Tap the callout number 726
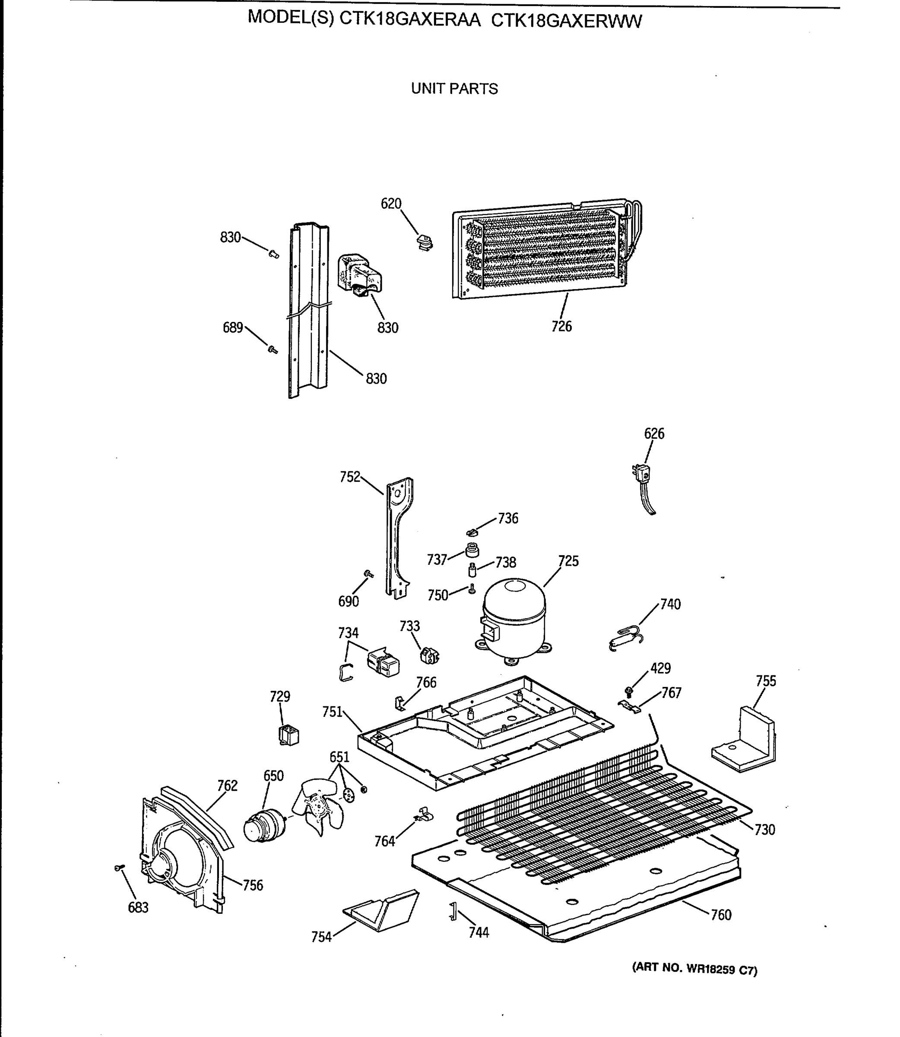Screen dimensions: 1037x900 click(561, 327)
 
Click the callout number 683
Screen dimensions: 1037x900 click(138, 907)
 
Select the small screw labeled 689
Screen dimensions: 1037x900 click(273, 349)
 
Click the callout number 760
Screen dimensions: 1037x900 click(721, 914)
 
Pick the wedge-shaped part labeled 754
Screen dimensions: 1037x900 click(382, 910)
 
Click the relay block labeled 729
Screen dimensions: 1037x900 click(288, 735)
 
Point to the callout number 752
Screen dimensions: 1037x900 click(350, 476)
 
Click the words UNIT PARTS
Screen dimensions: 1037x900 click(454, 89)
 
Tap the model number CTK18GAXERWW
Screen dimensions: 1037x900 click(566, 21)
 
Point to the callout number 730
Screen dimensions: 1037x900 click(764, 830)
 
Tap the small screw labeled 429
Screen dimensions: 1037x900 click(628, 691)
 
